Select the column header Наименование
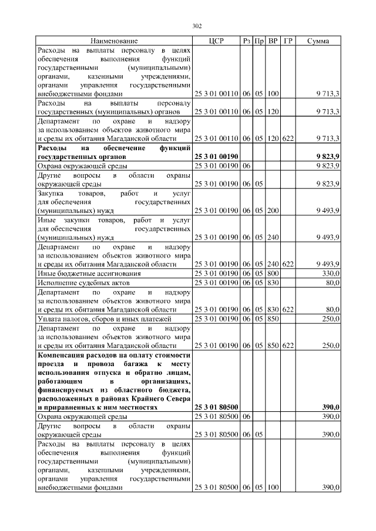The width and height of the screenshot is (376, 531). [114, 41]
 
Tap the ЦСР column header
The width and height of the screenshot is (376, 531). [216, 41]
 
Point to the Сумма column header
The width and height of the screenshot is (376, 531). [318, 41]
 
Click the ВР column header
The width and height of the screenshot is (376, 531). [273, 41]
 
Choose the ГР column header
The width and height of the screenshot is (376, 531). [288, 41]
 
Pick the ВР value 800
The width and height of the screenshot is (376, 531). [273, 273]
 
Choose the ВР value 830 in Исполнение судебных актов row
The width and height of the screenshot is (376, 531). [273, 283]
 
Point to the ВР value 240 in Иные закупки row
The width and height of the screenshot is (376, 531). [273, 237]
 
